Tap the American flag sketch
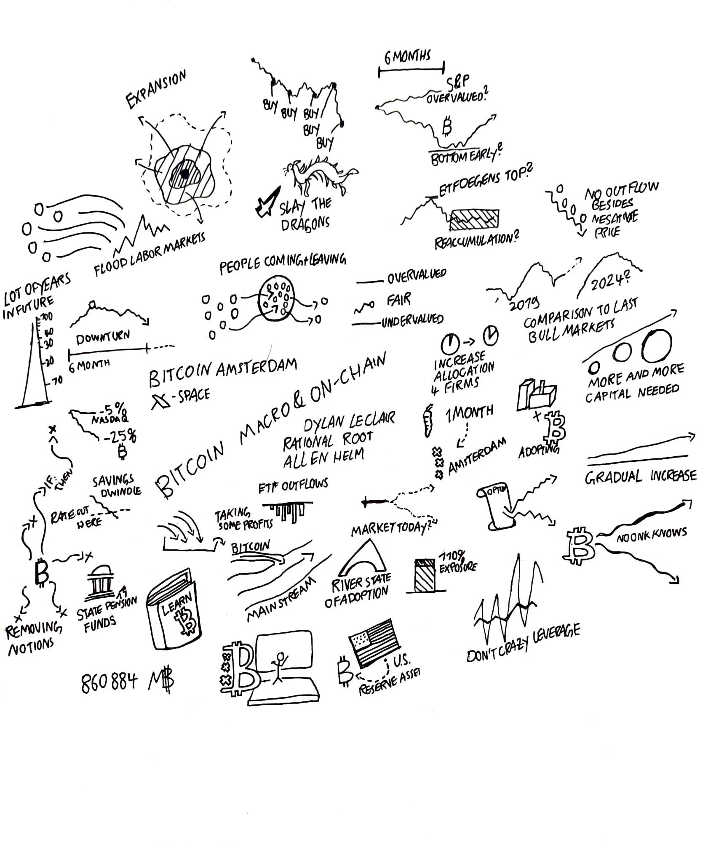tap(374, 642)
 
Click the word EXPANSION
tap(156, 89)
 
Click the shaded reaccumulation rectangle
tap(474, 220)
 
